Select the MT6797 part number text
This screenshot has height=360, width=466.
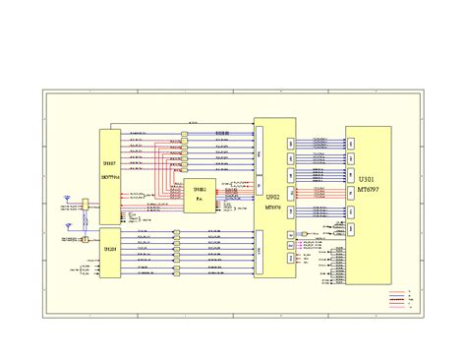click(x=366, y=189)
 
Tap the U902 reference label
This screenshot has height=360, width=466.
click(x=274, y=198)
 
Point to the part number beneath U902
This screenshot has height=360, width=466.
click(x=274, y=208)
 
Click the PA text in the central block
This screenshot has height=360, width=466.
click(x=200, y=199)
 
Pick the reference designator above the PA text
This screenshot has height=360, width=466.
click(x=200, y=189)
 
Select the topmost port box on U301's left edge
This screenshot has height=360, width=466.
click(x=349, y=142)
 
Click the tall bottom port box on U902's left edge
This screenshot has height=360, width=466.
click(x=259, y=252)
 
